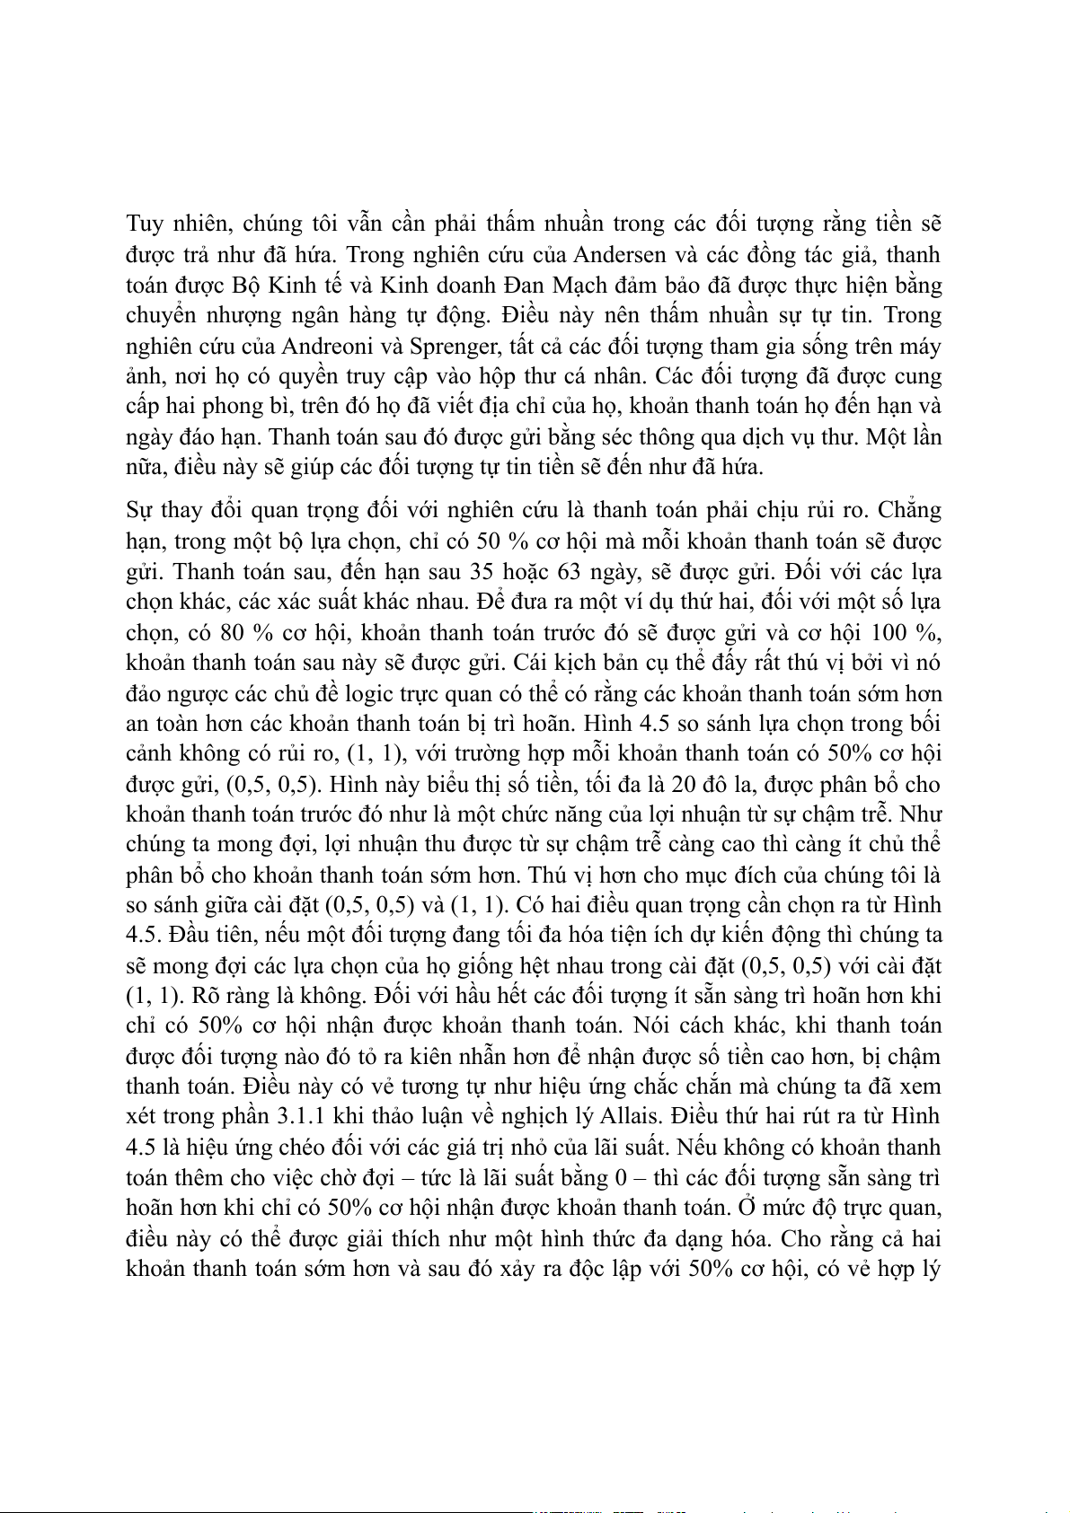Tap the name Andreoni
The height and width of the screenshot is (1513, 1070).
pyautogui.click(x=324, y=346)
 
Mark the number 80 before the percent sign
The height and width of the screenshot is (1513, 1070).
pyautogui.click(x=233, y=632)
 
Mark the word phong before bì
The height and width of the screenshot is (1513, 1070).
pyautogui.click(x=230, y=406)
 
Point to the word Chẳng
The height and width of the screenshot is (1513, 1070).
pyautogui.click(x=909, y=510)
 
